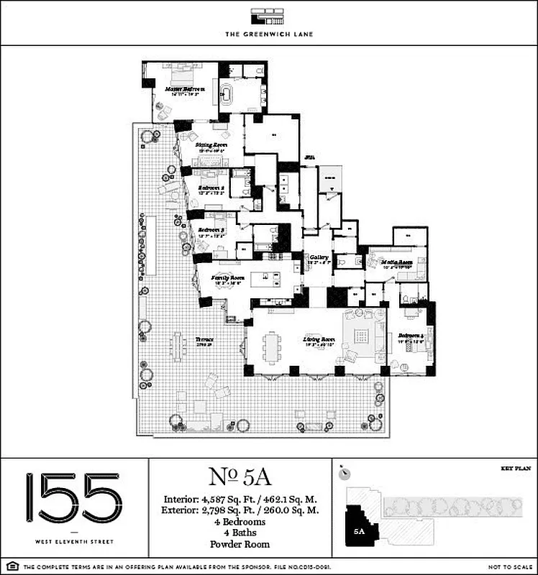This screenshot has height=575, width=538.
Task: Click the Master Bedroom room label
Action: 185,90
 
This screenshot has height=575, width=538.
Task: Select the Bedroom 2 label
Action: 212,188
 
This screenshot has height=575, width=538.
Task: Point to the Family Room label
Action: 227,277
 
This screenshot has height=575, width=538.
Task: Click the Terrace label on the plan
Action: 204,339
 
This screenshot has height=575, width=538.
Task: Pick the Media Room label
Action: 396,262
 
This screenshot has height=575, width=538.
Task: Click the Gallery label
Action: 318,257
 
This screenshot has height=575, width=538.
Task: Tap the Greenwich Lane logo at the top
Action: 268,17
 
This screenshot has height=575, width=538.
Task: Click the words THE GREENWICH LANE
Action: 268,34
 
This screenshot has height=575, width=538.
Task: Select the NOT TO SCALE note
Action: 509,567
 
